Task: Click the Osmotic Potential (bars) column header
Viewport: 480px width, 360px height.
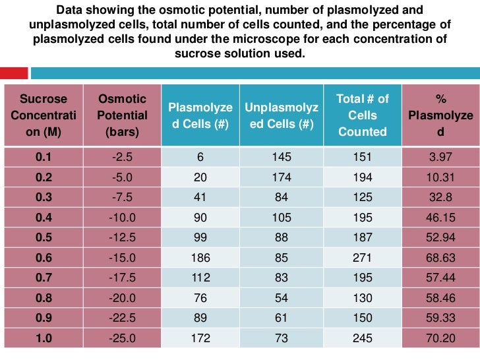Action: (122, 115)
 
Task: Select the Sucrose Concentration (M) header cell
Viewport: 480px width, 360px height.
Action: (44, 115)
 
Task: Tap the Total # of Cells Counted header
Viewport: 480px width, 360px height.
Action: (362, 115)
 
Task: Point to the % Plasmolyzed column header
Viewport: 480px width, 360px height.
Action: (440, 115)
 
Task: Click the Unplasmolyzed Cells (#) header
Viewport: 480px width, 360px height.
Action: (281, 115)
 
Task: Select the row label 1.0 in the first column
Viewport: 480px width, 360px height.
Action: (44, 338)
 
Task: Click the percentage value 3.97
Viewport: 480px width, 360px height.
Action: (440, 157)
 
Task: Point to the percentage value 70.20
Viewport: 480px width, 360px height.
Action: (440, 338)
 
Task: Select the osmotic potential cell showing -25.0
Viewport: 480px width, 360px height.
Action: (122, 338)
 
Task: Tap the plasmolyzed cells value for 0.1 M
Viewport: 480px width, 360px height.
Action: (200, 157)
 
